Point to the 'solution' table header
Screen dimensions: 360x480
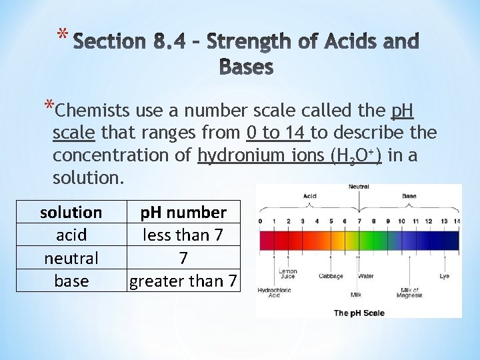[71, 213]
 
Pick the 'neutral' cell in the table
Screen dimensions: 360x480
[71, 258]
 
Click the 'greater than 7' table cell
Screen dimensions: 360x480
[183, 281]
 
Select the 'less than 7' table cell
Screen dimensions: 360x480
[183, 235]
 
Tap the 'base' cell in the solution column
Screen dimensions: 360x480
[71, 281]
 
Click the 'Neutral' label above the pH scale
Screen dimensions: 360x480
[359, 187]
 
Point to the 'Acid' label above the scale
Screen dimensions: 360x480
[310, 197]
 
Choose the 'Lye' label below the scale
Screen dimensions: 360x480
[445, 275]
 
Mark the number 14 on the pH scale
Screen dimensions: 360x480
[456, 221]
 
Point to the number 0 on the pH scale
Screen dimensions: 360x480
[261, 221]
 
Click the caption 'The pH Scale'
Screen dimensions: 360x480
[359, 313]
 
